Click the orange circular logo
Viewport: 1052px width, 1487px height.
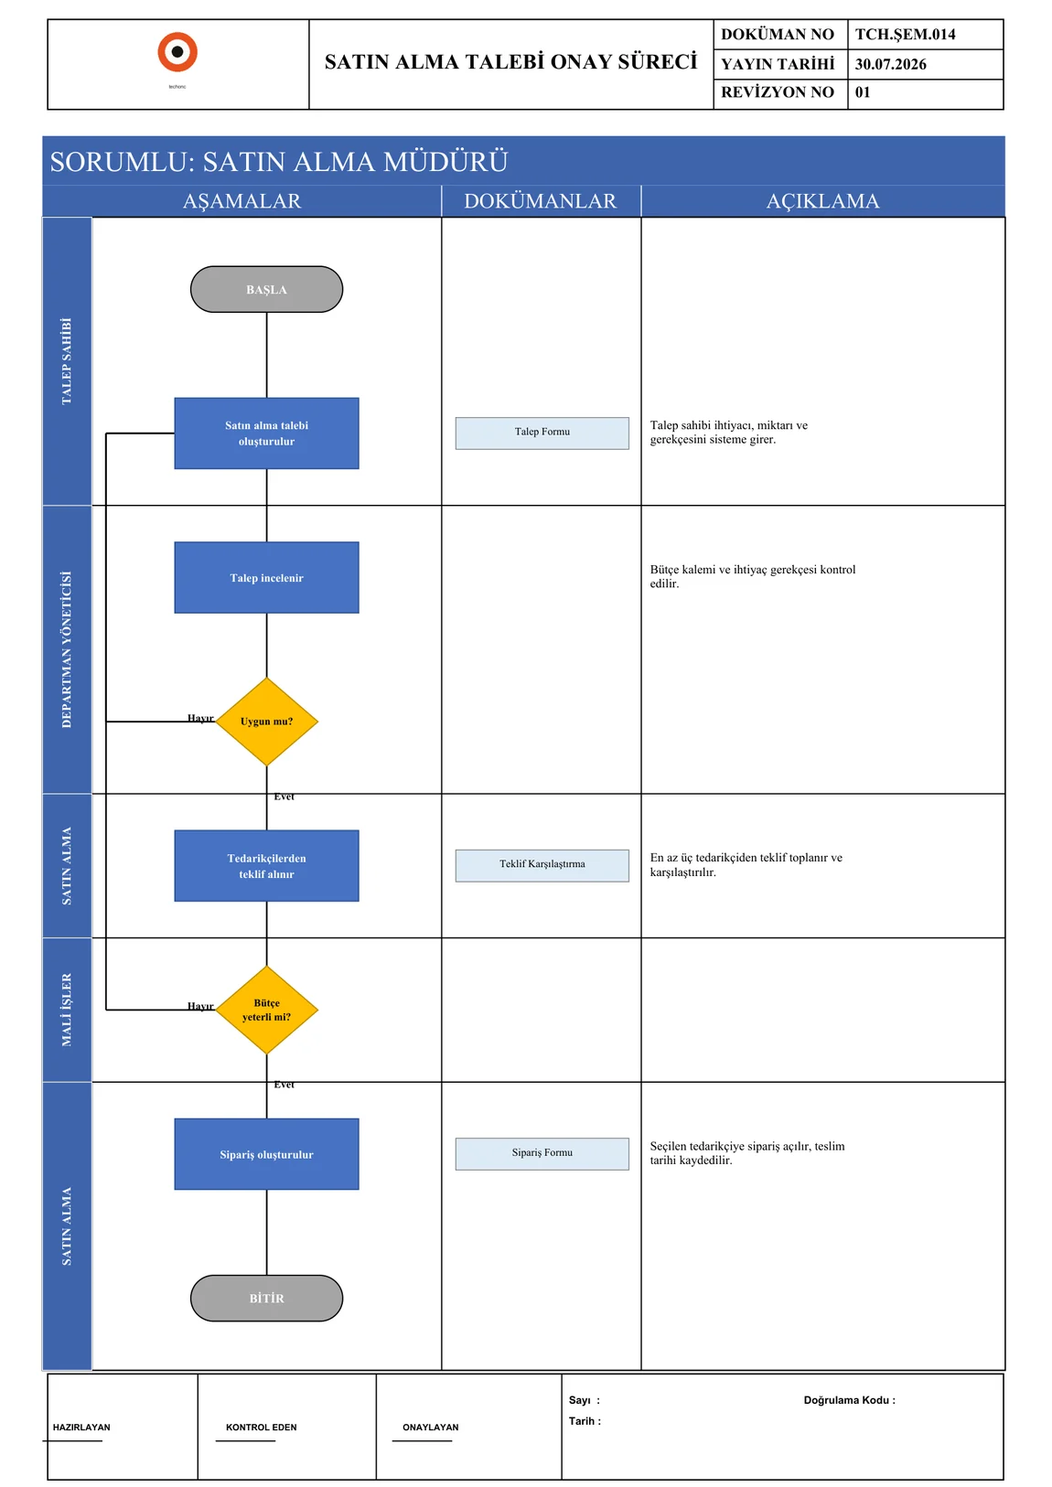[x=177, y=52]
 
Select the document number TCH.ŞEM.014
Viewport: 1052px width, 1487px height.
[x=905, y=35]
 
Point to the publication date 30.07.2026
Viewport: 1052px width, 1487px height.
[x=890, y=64]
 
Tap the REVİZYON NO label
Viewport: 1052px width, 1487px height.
[x=777, y=92]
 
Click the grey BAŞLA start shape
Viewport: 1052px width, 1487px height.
[x=266, y=289]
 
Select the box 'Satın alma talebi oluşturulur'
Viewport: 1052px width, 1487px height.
[x=266, y=433]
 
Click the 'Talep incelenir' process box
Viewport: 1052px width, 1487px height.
[x=266, y=578]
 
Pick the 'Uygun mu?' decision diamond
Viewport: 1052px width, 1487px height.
[x=266, y=722]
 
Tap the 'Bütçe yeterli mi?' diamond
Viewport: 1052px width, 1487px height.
[x=266, y=1010]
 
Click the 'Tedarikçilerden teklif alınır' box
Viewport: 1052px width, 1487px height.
[x=266, y=866]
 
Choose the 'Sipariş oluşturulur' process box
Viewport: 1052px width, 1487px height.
[x=266, y=1154]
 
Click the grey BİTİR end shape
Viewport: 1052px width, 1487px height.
[x=266, y=1299]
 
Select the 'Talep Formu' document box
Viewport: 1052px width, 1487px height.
[x=542, y=433]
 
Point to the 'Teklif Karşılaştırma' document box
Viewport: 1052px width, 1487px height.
[x=542, y=866]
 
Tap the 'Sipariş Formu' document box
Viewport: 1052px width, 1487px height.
[x=542, y=1154]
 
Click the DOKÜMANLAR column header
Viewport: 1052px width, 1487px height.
[x=540, y=201]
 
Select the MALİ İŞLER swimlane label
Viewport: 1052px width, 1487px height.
[x=67, y=1010]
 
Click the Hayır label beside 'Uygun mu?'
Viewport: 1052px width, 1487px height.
[x=200, y=718]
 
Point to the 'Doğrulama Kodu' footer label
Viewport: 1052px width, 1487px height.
[x=849, y=1400]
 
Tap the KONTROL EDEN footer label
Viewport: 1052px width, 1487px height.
[x=261, y=1428]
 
